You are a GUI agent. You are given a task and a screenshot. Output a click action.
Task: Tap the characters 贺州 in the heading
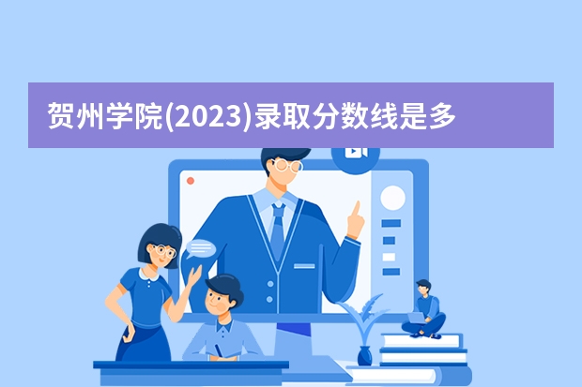coord(75,116)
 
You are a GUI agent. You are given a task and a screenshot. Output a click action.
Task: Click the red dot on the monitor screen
coord(191,181)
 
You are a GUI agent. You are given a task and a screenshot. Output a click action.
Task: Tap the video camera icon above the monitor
coord(356,153)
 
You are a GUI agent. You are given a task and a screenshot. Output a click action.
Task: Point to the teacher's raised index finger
coord(357,208)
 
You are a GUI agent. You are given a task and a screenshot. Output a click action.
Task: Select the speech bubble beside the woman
coord(201,249)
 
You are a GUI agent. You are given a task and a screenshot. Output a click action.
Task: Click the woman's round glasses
coord(162,250)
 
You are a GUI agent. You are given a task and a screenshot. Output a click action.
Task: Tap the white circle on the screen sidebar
coord(392,198)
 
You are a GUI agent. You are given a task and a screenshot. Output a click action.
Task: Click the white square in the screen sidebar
coord(389,257)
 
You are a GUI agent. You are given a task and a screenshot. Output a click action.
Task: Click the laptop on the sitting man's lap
coord(417,318)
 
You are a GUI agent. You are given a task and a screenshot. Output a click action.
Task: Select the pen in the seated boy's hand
coord(218,350)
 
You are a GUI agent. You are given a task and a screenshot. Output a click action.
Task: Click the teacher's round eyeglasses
coord(287,165)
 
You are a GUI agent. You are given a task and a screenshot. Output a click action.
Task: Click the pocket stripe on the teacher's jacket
coord(304,266)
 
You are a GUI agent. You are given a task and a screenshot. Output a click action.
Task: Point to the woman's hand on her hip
coord(129,333)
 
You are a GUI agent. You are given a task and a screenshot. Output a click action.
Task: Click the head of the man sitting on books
coord(424,288)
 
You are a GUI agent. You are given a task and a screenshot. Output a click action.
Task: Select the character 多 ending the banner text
coord(442,116)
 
